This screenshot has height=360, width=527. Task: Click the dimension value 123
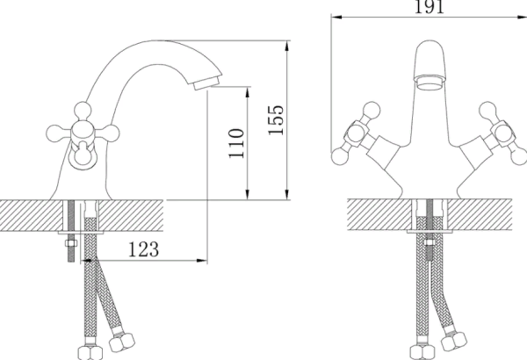pyautogui.click(x=143, y=249)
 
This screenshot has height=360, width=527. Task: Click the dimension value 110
pyautogui.click(x=236, y=143)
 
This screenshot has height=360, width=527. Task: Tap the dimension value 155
pyautogui.click(x=276, y=120)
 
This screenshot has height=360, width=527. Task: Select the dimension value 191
pyautogui.click(x=430, y=7)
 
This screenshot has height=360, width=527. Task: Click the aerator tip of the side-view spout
pyautogui.click(x=206, y=82)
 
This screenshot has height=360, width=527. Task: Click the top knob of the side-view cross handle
pyautogui.click(x=83, y=111)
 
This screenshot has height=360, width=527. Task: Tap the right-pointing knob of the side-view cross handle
pyautogui.click(x=111, y=133)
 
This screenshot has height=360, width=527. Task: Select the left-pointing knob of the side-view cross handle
pyautogui.click(x=54, y=133)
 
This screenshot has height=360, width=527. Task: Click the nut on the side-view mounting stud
pyautogui.click(x=71, y=243)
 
